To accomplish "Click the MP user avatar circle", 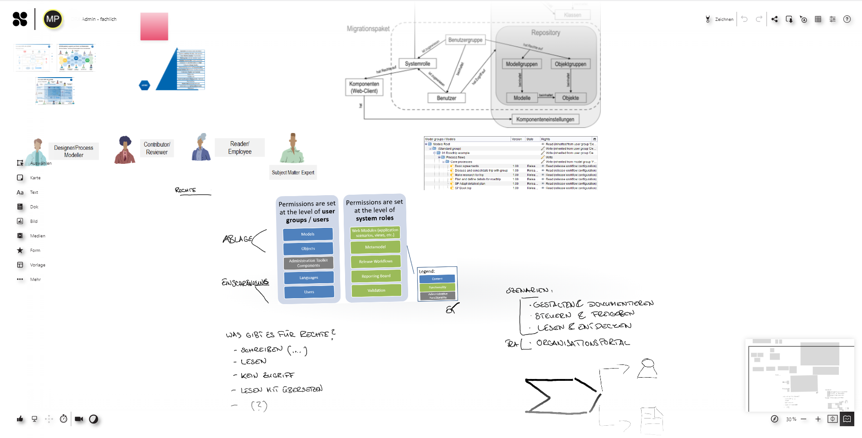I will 53,20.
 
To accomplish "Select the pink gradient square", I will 154,26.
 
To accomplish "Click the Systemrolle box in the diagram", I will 417,64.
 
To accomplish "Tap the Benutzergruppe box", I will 465,40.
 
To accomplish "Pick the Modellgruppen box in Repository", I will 521,64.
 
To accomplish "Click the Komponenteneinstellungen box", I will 545,119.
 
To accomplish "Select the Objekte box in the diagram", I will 570,98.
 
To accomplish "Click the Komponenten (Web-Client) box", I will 364,88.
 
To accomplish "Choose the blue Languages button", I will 309,278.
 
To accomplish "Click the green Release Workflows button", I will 376,261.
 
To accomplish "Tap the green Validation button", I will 376,290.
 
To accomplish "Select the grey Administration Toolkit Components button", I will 308,263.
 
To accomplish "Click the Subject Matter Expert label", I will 293,172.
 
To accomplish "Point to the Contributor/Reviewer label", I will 157,148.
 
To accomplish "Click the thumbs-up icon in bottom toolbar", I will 20,419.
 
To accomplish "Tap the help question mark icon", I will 847,19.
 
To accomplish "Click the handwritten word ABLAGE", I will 237,239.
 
